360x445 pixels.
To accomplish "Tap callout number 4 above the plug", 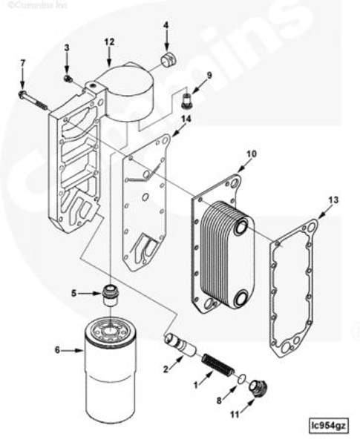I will (166, 26).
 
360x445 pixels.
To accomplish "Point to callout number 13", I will (333, 200).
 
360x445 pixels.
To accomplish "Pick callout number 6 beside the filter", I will (57, 349).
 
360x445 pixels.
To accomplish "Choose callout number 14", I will (186, 119).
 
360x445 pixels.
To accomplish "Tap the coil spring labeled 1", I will (218, 366).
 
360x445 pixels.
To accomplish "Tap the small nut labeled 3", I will (68, 78).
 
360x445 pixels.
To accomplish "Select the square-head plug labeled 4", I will (168, 59).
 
